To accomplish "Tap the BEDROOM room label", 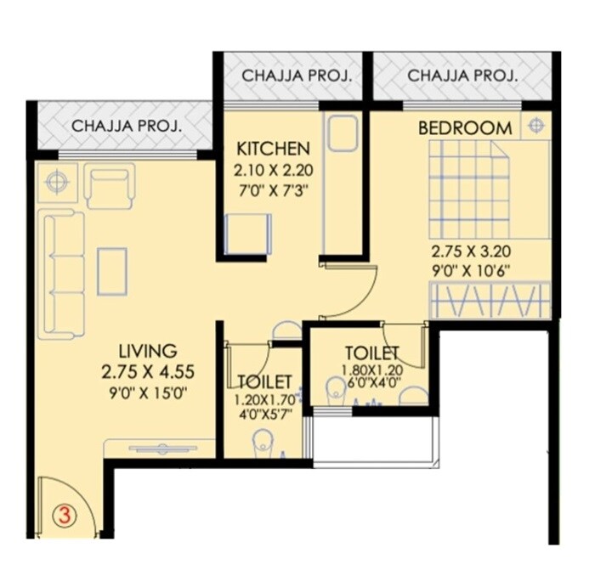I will pyautogui.click(x=465, y=128).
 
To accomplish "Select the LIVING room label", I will pyautogui.click(x=147, y=351).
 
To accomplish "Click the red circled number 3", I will pyautogui.click(x=62, y=514).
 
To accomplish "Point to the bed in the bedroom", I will pyautogui.click(x=468, y=189).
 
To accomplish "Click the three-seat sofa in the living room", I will pyautogui.click(x=62, y=274).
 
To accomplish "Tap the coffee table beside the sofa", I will pyautogui.click(x=112, y=271).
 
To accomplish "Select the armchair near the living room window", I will pyautogui.click(x=109, y=186).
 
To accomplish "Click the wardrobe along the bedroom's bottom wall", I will pyautogui.click(x=490, y=301).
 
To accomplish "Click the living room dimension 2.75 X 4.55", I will pyautogui.click(x=147, y=371).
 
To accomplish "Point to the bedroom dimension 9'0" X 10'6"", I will pyautogui.click(x=471, y=273).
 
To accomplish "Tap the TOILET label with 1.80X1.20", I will pyautogui.click(x=371, y=352).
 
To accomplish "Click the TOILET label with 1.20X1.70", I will pyautogui.click(x=265, y=381).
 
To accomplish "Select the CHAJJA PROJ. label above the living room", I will pyautogui.click(x=126, y=127).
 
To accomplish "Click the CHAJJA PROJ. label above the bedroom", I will pyautogui.click(x=462, y=76).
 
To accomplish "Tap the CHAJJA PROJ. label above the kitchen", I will pyautogui.click(x=296, y=76).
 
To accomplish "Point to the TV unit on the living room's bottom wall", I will pyautogui.click(x=160, y=449).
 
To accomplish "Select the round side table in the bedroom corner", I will pyautogui.click(x=535, y=126).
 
